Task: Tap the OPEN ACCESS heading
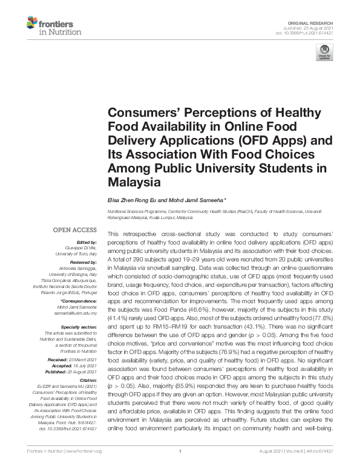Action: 75,231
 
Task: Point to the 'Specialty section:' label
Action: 78,327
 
